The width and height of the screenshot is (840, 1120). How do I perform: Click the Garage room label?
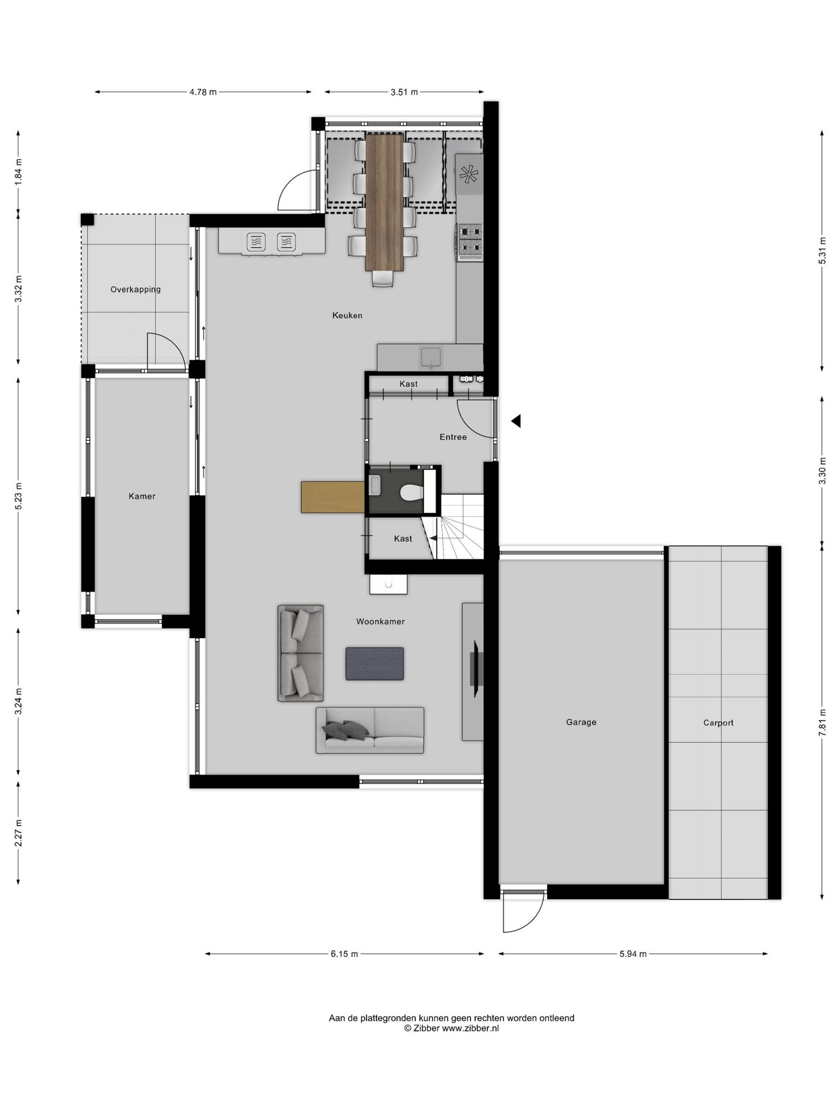pyautogui.click(x=581, y=722)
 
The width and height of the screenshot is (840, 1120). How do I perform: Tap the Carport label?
pyautogui.click(x=718, y=723)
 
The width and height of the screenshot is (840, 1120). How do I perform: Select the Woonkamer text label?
pyautogui.click(x=380, y=621)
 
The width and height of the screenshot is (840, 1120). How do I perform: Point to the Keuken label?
pyautogui.click(x=347, y=316)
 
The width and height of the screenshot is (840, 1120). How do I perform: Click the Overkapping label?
pyautogui.click(x=136, y=290)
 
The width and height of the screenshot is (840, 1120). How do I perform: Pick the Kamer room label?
pyautogui.click(x=142, y=497)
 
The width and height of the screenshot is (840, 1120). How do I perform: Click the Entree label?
pyautogui.click(x=453, y=437)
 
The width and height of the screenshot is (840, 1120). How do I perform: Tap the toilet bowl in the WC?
pyautogui.click(x=411, y=492)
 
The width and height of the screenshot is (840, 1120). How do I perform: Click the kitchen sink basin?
pyautogui.click(x=432, y=357)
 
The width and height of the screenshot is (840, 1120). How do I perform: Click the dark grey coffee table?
pyautogui.click(x=375, y=664)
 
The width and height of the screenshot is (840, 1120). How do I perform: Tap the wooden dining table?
pyautogui.click(x=384, y=202)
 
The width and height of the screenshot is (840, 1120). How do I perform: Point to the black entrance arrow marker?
pyautogui.click(x=516, y=421)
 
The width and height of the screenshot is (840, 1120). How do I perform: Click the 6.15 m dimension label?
pyautogui.click(x=344, y=954)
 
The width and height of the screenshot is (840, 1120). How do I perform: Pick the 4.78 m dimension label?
pyautogui.click(x=203, y=92)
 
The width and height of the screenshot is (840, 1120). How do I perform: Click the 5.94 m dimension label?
pyautogui.click(x=633, y=954)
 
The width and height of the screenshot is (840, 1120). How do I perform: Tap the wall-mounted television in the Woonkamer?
pyautogui.click(x=474, y=670)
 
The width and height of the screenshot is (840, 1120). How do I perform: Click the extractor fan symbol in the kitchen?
pyautogui.click(x=469, y=174)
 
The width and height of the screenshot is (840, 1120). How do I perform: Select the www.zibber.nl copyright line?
pyautogui.click(x=451, y=1028)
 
